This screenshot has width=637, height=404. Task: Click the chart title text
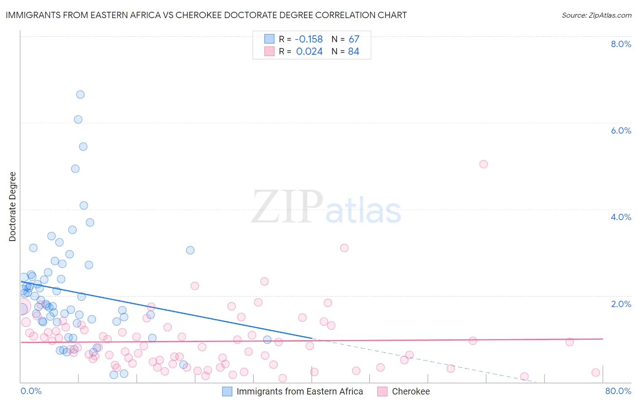tap(206, 15)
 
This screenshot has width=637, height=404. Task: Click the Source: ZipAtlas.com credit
tap(596, 15)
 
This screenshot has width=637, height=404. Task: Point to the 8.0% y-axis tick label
tap(621, 44)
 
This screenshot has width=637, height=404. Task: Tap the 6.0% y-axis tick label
tap(621, 130)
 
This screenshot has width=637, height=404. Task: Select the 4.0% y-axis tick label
tap(621, 217)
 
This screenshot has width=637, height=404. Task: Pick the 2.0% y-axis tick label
tap(621, 304)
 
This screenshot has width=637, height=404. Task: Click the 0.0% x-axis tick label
tap(31, 391)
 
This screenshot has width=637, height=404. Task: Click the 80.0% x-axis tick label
tap(618, 391)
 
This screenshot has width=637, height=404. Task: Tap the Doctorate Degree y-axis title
tap(13, 207)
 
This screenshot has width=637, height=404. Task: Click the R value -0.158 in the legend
tap(309, 39)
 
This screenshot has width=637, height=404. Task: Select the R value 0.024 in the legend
tap(309, 52)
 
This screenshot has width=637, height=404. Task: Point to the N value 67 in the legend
tap(354, 39)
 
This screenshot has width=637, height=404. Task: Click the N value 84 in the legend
tap(353, 52)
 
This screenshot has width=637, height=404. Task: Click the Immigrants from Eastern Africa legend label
tap(299, 391)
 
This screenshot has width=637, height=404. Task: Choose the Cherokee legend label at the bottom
tap(410, 391)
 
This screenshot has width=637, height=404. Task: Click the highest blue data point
tap(80, 95)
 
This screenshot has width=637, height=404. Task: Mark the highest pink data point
tap(483, 164)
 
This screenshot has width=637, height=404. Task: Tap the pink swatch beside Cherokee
tap(382, 391)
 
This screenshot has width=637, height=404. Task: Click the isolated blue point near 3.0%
tap(190, 250)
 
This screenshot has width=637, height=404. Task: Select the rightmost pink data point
tap(596, 372)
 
